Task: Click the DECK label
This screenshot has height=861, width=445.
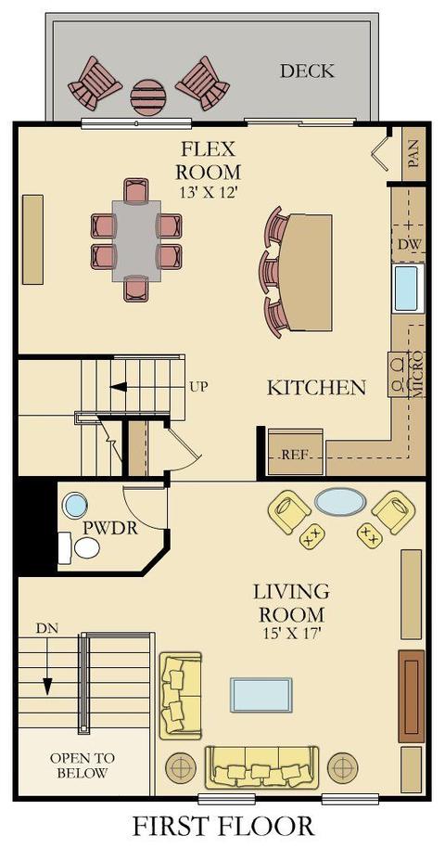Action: pyautogui.click(x=307, y=71)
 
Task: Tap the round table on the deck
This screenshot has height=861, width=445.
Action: pyautogui.click(x=147, y=97)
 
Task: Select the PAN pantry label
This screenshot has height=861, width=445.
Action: pyautogui.click(x=413, y=154)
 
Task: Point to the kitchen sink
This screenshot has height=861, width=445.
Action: pyautogui.click(x=408, y=289)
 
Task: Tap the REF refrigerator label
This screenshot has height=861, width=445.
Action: pyautogui.click(x=294, y=455)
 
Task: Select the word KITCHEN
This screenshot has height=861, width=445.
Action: pyautogui.click(x=316, y=388)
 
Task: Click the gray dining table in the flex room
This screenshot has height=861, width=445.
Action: pyautogui.click(x=136, y=241)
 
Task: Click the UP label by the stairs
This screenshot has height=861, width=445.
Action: pyautogui.click(x=198, y=386)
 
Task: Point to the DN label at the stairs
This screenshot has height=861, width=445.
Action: pyautogui.click(x=47, y=627)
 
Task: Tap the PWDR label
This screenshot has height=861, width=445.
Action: pyautogui.click(x=109, y=528)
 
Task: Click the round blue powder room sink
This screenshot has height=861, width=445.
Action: pyautogui.click(x=75, y=505)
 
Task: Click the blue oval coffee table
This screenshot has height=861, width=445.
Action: pyautogui.click(x=340, y=502)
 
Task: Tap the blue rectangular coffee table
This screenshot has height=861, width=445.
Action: pyautogui.click(x=261, y=695)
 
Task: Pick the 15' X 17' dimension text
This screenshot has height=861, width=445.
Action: pyautogui.click(x=291, y=633)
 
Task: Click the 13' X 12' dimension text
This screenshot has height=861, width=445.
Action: pyautogui.click(x=208, y=192)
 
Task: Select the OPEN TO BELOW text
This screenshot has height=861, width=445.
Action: pyautogui.click(x=83, y=766)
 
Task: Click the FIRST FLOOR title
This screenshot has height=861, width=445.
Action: pyautogui.click(x=223, y=827)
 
